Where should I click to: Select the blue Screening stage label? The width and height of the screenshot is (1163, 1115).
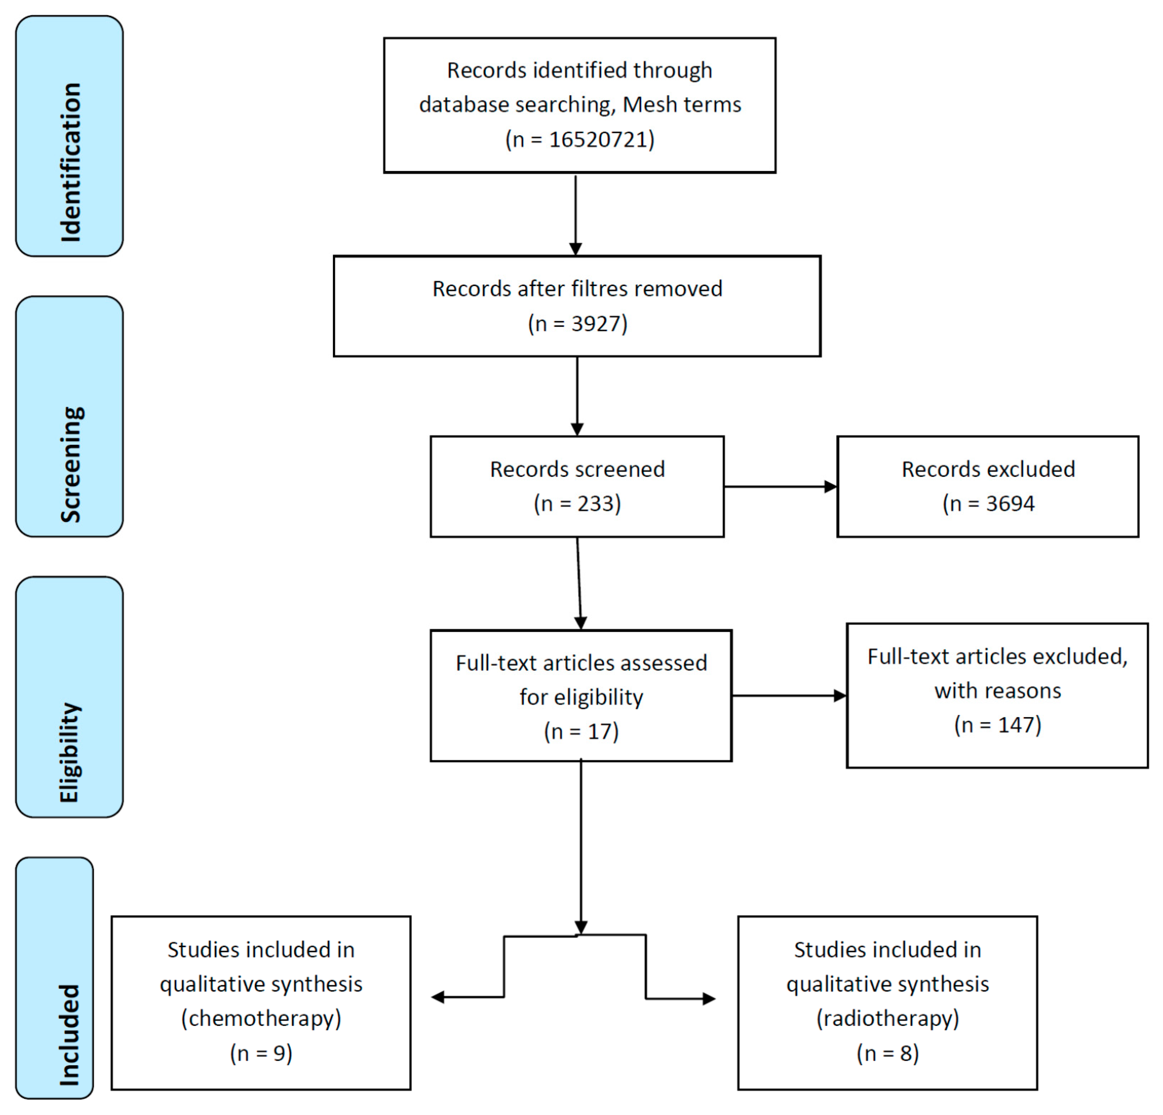pyautogui.click(x=69, y=416)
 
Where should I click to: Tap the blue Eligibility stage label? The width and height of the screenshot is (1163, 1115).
pyautogui.click(x=69, y=697)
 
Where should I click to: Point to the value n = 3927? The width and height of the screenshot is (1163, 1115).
pyautogui.click(x=577, y=324)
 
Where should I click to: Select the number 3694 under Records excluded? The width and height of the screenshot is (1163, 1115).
pyautogui.click(x=1010, y=504)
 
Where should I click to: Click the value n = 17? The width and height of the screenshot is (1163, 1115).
pyautogui.click(x=581, y=732)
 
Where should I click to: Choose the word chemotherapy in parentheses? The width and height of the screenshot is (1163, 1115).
pyautogui.click(x=261, y=1018)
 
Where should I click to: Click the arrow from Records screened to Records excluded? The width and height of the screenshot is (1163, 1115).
pyautogui.click(x=780, y=487)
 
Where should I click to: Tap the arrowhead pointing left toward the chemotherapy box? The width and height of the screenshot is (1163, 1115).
pyautogui.click(x=438, y=997)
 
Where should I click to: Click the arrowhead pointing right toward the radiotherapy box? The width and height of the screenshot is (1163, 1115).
pyautogui.click(x=709, y=999)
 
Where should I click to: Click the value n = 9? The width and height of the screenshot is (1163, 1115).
pyautogui.click(x=261, y=1053)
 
